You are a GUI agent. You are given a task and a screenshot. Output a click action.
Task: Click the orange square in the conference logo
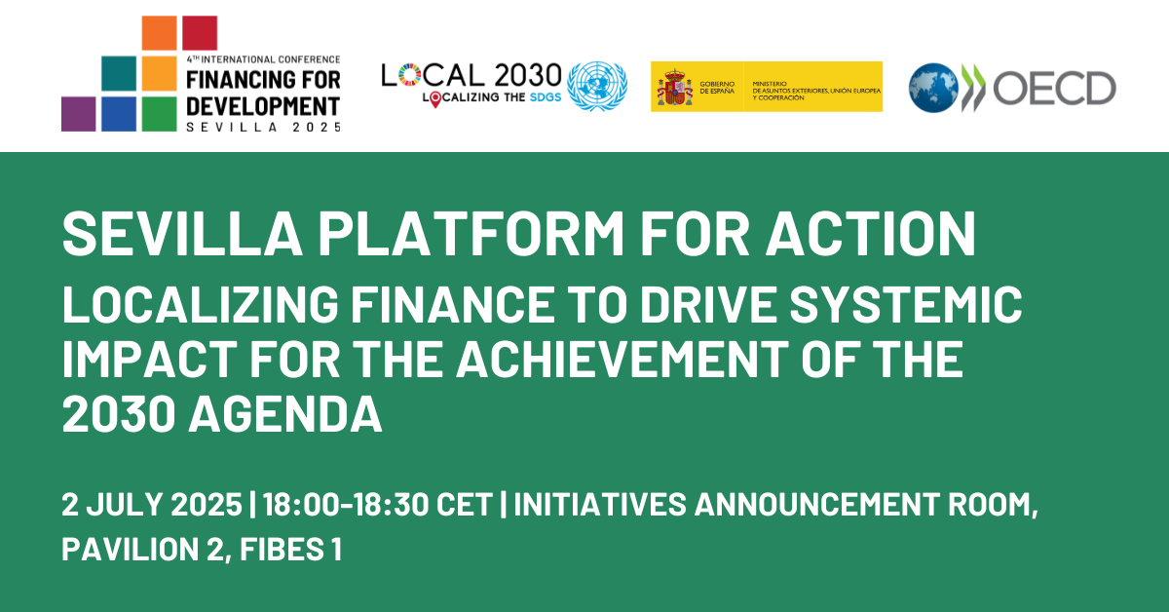[159, 33]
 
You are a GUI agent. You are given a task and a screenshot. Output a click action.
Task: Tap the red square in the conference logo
[200, 33]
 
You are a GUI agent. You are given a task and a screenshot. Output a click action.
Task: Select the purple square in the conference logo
[78, 114]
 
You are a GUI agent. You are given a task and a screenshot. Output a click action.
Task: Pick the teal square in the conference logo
[119, 74]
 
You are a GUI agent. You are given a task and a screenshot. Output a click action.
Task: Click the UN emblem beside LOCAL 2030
[597, 86]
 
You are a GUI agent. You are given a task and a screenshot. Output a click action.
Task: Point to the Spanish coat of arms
[675, 87]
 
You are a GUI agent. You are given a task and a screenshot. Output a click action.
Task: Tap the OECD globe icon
[933, 88]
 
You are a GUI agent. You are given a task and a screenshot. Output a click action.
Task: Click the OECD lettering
[1054, 88]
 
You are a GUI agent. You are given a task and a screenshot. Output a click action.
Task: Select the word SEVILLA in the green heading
[182, 234]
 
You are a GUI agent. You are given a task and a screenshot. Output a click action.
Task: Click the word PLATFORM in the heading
[471, 234]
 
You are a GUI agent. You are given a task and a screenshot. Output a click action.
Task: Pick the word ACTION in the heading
[871, 234]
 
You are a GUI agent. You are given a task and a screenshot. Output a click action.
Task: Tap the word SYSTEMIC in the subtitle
[905, 304]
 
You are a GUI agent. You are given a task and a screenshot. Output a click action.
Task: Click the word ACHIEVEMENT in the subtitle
[622, 359]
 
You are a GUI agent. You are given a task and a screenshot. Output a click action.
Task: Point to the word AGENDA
[284, 414]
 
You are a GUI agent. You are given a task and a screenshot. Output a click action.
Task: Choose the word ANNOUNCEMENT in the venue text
[816, 505]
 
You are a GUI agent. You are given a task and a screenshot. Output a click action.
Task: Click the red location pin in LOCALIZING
[435, 99]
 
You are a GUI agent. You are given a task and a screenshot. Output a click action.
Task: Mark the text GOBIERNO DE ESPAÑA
[717, 87]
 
